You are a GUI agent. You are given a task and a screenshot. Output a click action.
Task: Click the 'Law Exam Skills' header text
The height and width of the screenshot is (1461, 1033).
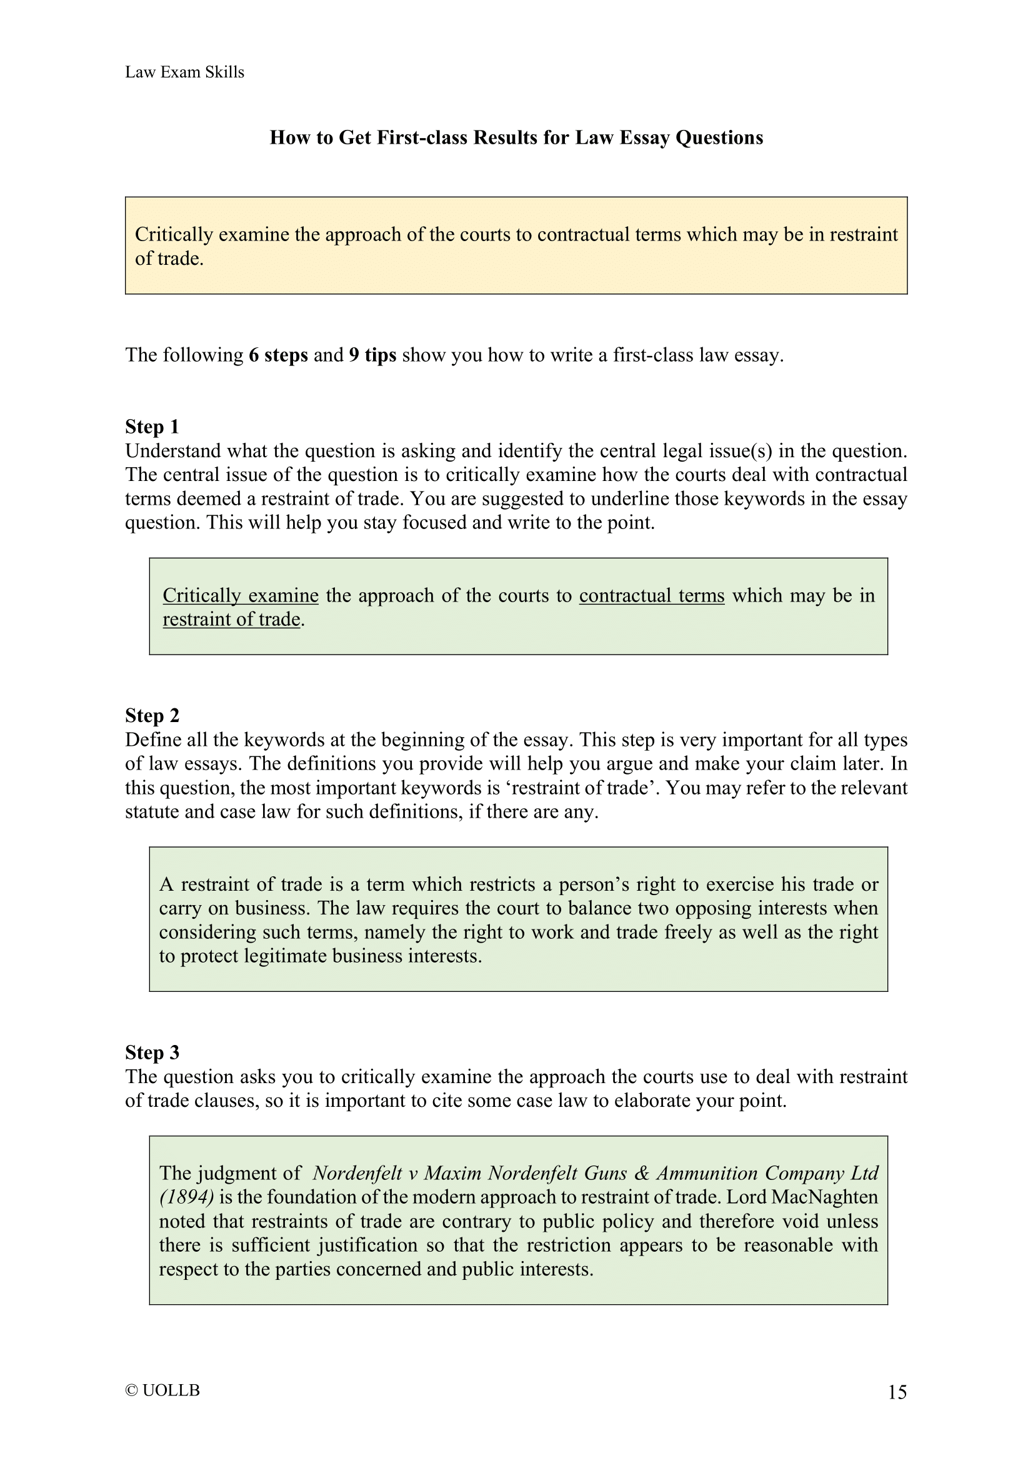pyautogui.click(x=184, y=72)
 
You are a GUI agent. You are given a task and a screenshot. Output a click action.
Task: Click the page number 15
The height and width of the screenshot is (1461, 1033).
pyautogui.click(x=897, y=1392)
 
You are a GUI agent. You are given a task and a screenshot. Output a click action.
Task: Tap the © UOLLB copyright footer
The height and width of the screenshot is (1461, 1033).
pyautogui.click(x=163, y=1390)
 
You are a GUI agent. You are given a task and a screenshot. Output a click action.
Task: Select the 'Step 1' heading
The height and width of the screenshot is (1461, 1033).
pyautogui.click(x=152, y=427)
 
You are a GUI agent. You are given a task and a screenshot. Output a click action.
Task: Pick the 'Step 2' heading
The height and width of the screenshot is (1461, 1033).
pyautogui.click(x=152, y=715)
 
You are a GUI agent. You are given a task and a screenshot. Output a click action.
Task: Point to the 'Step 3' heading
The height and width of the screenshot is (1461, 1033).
pyautogui.click(x=152, y=1052)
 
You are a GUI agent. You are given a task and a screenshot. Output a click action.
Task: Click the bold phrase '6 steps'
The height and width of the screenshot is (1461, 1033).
pyautogui.click(x=278, y=355)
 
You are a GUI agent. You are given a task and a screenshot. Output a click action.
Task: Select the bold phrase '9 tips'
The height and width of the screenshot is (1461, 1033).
pyautogui.click(x=372, y=355)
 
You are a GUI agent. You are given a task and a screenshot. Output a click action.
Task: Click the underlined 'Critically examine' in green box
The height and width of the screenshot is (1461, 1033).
pyautogui.click(x=241, y=596)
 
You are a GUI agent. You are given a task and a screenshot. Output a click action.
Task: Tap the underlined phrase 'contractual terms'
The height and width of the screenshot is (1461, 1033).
pyautogui.click(x=652, y=596)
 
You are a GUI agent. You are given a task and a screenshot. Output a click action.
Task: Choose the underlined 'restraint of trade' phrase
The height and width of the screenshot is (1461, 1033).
pyautogui.click(x=232, y=619)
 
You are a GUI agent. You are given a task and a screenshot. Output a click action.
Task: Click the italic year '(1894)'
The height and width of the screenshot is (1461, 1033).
pyautogui.click(x=186, y=1197)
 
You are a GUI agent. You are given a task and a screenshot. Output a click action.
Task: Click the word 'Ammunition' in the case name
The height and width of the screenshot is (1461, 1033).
pyautogui.click(x=707, y=1173)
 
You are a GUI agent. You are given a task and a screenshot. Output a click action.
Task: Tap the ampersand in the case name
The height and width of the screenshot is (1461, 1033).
pyautogui.click(x=642, y=1173)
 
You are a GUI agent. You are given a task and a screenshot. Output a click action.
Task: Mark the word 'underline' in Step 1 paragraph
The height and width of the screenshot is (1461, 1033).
pyautogui.click(x=630, y=499)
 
